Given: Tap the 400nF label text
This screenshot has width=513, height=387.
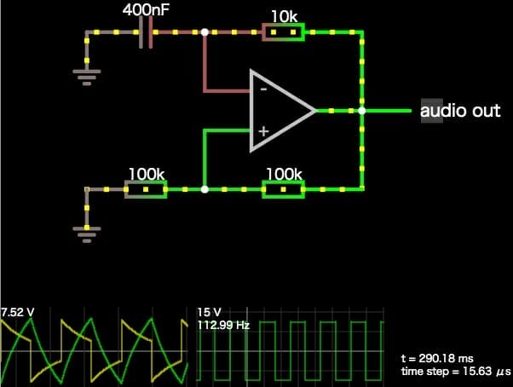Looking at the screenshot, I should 147,11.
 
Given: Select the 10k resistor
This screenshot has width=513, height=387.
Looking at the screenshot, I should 283,33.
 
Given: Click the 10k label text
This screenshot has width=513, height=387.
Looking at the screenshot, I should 284,15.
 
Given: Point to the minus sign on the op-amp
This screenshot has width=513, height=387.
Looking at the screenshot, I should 263,88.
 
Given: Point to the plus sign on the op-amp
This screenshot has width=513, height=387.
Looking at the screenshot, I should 263,131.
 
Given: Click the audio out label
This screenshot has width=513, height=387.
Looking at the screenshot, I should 460,112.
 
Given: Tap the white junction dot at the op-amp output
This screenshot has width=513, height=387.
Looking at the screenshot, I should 362,111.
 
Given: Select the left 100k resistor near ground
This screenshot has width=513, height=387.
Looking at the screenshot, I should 146,189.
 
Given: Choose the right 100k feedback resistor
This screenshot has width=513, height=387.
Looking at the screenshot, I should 283,189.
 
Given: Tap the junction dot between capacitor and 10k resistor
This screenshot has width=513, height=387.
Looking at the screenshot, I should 205,33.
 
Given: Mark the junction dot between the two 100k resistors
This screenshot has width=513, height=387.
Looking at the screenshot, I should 205,189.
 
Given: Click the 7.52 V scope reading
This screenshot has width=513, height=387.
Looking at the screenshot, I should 18,311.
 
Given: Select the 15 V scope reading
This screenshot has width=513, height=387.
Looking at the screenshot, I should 210,312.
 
